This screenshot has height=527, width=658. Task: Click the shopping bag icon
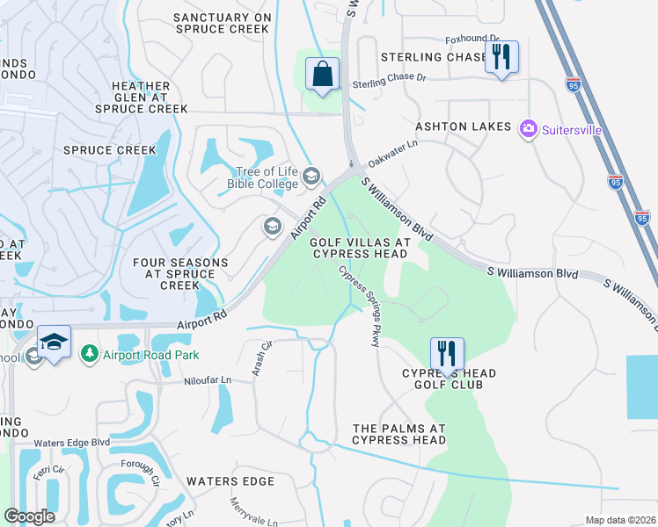tap(323, 73)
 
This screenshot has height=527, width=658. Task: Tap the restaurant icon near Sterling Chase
tap(501, 58)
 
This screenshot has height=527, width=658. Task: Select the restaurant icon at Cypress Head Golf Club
tap(446, 355)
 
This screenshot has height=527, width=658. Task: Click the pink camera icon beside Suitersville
tap(529, 129)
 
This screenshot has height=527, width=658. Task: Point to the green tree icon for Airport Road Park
tap(89, 354)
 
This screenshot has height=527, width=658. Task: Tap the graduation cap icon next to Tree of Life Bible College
tap(311, 177)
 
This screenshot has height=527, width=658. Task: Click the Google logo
tap(29, 516)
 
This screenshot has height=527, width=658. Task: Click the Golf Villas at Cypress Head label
tap(357, 248)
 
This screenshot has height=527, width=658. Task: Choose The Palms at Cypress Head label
tap(399, 433)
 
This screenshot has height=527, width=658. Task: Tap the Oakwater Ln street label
tap(392, 153)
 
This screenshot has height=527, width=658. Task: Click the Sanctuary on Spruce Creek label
tap(221, 23)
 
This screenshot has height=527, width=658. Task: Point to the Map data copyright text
tap(620, 520)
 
